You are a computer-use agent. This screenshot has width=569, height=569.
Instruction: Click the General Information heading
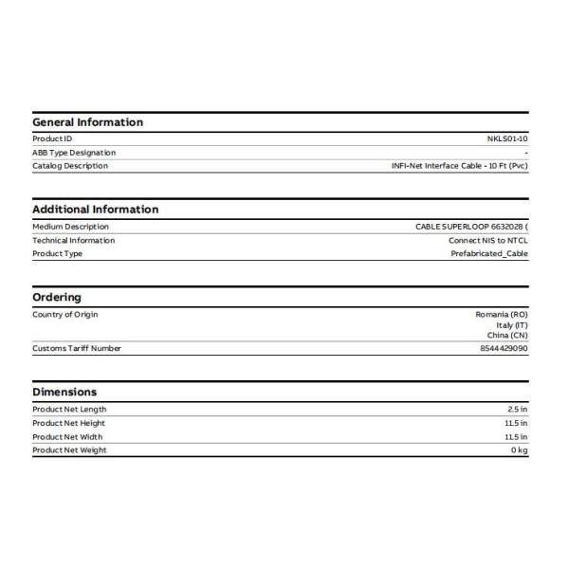[87, 122]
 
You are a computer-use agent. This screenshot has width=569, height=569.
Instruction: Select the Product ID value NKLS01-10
[507, 138]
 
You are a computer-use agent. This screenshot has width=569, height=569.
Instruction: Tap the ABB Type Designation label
[74, 152]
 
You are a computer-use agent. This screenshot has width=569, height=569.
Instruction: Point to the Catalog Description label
[70, 166]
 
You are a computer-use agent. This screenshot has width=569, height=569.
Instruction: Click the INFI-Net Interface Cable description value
[460, 166]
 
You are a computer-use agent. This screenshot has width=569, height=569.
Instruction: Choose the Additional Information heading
[95, 210]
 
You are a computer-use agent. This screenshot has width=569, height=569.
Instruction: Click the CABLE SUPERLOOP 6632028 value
[471, 227]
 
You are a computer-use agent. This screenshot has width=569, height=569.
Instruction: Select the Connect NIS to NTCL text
[488, 240]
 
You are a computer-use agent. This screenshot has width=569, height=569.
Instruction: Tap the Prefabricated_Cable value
[489, 253]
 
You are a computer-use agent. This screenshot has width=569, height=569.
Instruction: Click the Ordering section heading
[57, 297]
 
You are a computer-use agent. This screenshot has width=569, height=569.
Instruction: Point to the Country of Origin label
[65, 314]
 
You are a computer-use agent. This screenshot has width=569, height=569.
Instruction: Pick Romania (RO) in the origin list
[502, 314]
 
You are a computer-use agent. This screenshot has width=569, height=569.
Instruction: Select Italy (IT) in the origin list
[510, 325]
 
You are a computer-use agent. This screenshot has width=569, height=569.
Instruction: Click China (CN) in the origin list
[507, 336]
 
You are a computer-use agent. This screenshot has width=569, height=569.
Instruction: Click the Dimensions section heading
[64, 392]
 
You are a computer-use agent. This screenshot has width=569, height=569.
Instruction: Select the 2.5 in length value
[517, 410]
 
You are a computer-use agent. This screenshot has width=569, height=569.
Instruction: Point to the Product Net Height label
[69, 423]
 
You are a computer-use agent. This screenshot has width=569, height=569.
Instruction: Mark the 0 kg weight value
[520, 450]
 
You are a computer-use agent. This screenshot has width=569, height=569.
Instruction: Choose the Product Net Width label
[68, 437]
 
